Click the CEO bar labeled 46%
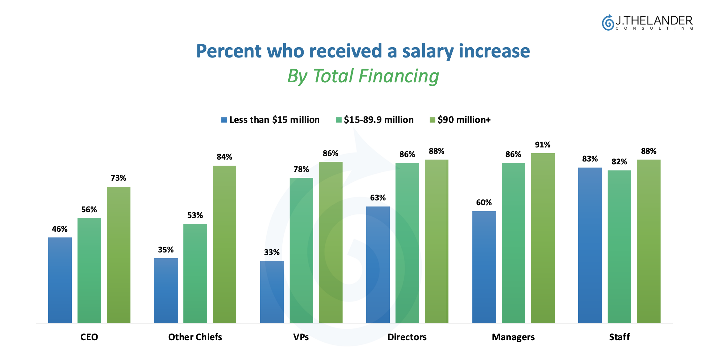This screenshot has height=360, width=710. pyautogui.click(x=60, y=280)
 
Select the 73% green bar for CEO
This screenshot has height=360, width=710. pyautogui.click(x=119, y=255)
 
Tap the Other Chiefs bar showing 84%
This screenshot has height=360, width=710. pyautogui.click(x=225, y=244)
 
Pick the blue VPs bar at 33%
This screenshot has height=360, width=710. pyautogui.click(x=272, y=292)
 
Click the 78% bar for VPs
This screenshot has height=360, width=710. pyautogui.click(x=301, y=250)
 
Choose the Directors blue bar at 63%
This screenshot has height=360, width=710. pyautogui.click(x=378, y=265)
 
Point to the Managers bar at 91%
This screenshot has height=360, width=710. pyautogui.click(x=543, y=238)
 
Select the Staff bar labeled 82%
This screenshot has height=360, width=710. pyautogui.click(x=619, y=247)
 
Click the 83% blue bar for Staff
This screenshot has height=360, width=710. pyautogui.click(x=590, y=245)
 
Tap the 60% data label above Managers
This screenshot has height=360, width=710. pyautogui.click(x=484, y=203)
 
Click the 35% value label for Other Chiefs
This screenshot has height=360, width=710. pyautogui.click(x=166, y=250)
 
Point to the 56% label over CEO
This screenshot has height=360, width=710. pyautogui.click(x=89, y=210)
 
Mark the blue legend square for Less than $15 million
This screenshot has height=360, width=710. pyautogui.click(x=224, y=120)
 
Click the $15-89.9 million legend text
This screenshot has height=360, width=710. pyautogui.click(x=379, y=120)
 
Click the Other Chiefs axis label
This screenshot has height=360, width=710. pyautogui.click(x=195, y=337)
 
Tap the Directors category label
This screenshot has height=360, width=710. pyautogui.click(x=407, y=337)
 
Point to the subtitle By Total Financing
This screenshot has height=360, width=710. pyautogui.click(x=363, y=76)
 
